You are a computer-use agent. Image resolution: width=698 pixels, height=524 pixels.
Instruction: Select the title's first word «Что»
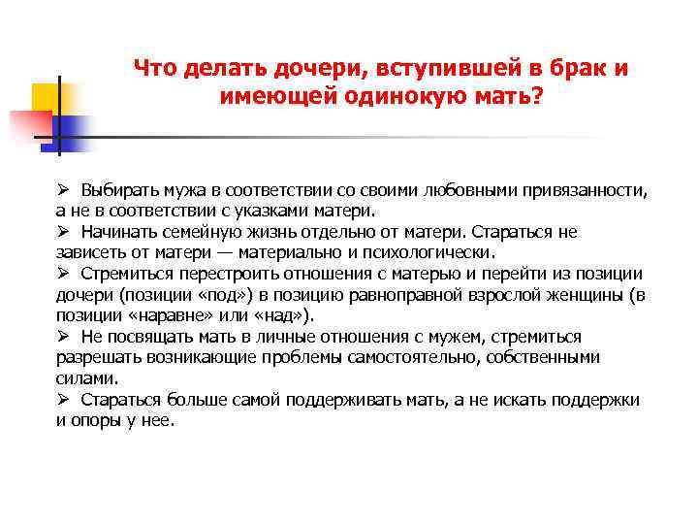153,69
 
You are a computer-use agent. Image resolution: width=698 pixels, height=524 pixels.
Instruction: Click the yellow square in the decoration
48,99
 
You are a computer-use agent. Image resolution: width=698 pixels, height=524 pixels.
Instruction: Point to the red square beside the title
29,126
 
